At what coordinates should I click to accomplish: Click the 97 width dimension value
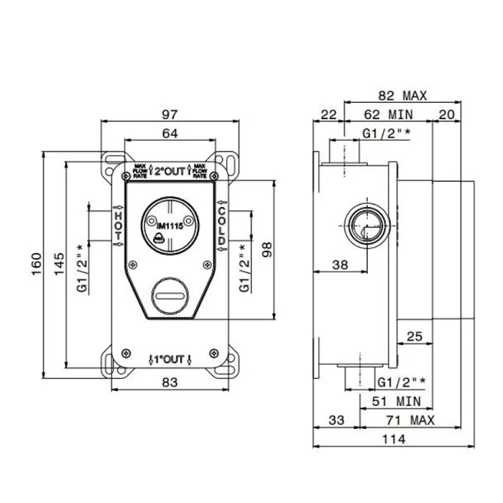point(170,114)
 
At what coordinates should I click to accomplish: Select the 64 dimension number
point(170,132)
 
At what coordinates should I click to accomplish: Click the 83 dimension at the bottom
point(170,383)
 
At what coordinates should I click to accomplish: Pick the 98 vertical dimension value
point(268,249)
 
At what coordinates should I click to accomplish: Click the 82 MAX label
point(403,95)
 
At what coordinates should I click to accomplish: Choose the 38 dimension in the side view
point(339,264)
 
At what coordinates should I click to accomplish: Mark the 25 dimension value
point(414,335)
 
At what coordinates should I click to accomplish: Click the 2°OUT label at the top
point(171,171)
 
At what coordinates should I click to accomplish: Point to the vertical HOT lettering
point(119,226)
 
